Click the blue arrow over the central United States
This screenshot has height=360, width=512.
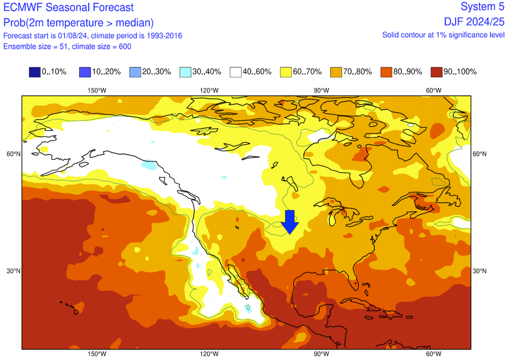click(x=289, y=221)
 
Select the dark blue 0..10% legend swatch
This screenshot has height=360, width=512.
click(x=34, y=71)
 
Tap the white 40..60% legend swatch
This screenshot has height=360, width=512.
click(x=235, y=71)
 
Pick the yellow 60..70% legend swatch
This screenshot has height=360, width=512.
click(x=286, y=71)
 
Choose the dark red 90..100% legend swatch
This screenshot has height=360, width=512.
click(x=436, y=71)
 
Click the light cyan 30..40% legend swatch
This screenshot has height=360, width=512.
click(x=185, y=71)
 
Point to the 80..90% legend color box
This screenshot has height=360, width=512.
click(x=386, y=71)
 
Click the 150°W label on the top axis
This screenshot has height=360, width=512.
click(x=97, y=90)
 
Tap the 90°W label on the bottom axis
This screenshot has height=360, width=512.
click(x=321, y=354)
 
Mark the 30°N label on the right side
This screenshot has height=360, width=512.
click(x=479, y=271)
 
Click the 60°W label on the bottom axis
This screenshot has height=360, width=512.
click(x=433, y=354)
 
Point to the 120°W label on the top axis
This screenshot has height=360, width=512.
click(x=209, y=90)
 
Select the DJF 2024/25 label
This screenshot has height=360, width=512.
click(x=474, y=21)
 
